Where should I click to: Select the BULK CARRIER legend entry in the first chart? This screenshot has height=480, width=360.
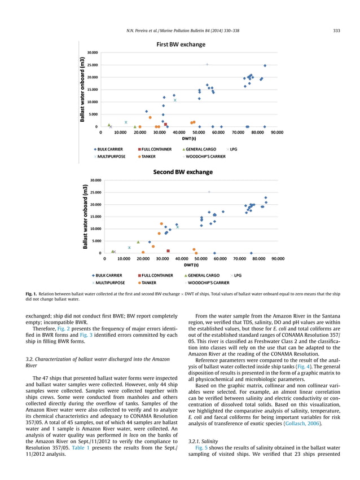(111, 149)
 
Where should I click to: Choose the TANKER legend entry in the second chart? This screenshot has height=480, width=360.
(149, 283)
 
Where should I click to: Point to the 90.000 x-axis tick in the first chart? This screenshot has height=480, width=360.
(277, 133)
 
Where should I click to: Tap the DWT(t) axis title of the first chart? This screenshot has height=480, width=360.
(189, 139)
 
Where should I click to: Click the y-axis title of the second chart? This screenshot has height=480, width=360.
(85, 217)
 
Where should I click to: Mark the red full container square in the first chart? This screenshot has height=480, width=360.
(165, 124)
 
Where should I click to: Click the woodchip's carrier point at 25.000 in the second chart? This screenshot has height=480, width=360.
(209, 192)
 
